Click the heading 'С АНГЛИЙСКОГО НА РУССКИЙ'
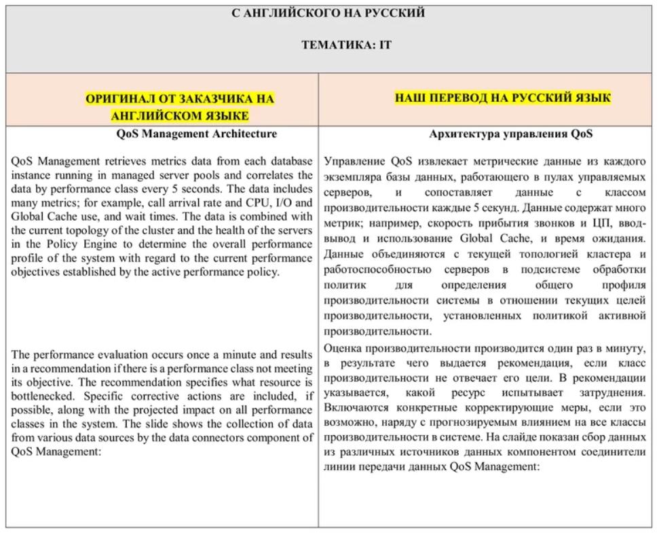coord(328,13)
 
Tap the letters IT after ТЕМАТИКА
coord(385,45)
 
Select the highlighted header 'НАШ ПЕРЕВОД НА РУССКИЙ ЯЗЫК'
coord(503,98)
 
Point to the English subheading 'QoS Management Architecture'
coord(197,134)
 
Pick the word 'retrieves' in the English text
coord(133,162)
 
